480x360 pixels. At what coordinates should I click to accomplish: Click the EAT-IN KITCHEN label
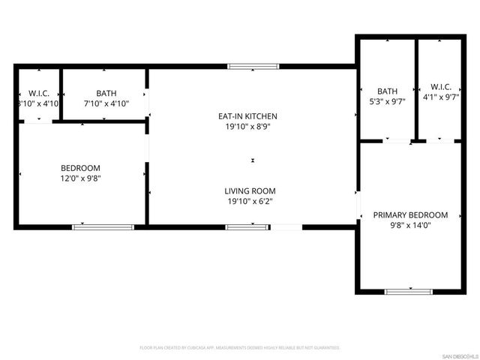click(247, 116)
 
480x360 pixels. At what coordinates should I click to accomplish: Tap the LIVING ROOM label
click(247, 190)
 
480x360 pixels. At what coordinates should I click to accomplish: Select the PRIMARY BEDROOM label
click(410, 215)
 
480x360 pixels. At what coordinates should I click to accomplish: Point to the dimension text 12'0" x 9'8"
click(80, 178)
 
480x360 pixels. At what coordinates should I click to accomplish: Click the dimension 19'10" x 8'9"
click(247, 127)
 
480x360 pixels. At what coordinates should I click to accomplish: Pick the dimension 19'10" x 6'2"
click(247, 201)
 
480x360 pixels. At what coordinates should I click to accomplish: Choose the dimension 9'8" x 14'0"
click(410, 226)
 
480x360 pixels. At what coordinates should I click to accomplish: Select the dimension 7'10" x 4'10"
click(106, 104)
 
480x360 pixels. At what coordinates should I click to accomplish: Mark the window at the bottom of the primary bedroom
click(409, 291)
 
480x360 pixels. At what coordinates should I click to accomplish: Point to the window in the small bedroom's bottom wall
click(103, 226)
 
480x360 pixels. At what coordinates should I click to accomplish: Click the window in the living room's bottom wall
click(247, 226)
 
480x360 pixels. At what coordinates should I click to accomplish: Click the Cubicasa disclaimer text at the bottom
click(240, 348)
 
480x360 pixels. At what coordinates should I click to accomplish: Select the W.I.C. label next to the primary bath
click(440, 87)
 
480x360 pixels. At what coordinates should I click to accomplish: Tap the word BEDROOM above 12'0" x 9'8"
click(80, 168)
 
